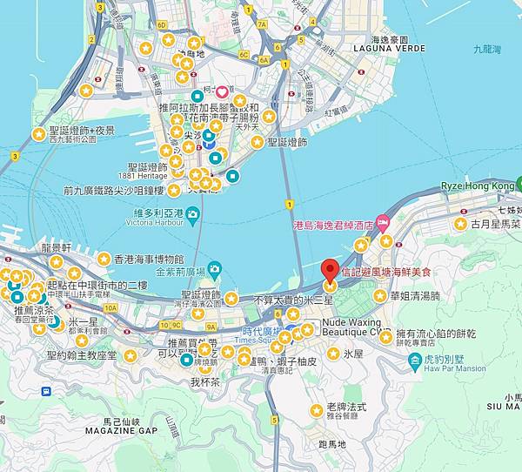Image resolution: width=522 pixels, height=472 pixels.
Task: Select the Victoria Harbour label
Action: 156,222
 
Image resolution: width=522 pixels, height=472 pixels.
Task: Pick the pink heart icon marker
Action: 221,91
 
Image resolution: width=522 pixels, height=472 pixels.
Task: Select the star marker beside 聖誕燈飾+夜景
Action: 38,134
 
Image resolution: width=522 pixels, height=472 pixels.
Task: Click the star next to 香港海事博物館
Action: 104,259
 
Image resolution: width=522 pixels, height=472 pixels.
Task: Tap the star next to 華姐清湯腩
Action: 379,296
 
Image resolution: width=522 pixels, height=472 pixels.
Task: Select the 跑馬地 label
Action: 331,444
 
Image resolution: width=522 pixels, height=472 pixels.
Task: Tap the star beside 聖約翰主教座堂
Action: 130,355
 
